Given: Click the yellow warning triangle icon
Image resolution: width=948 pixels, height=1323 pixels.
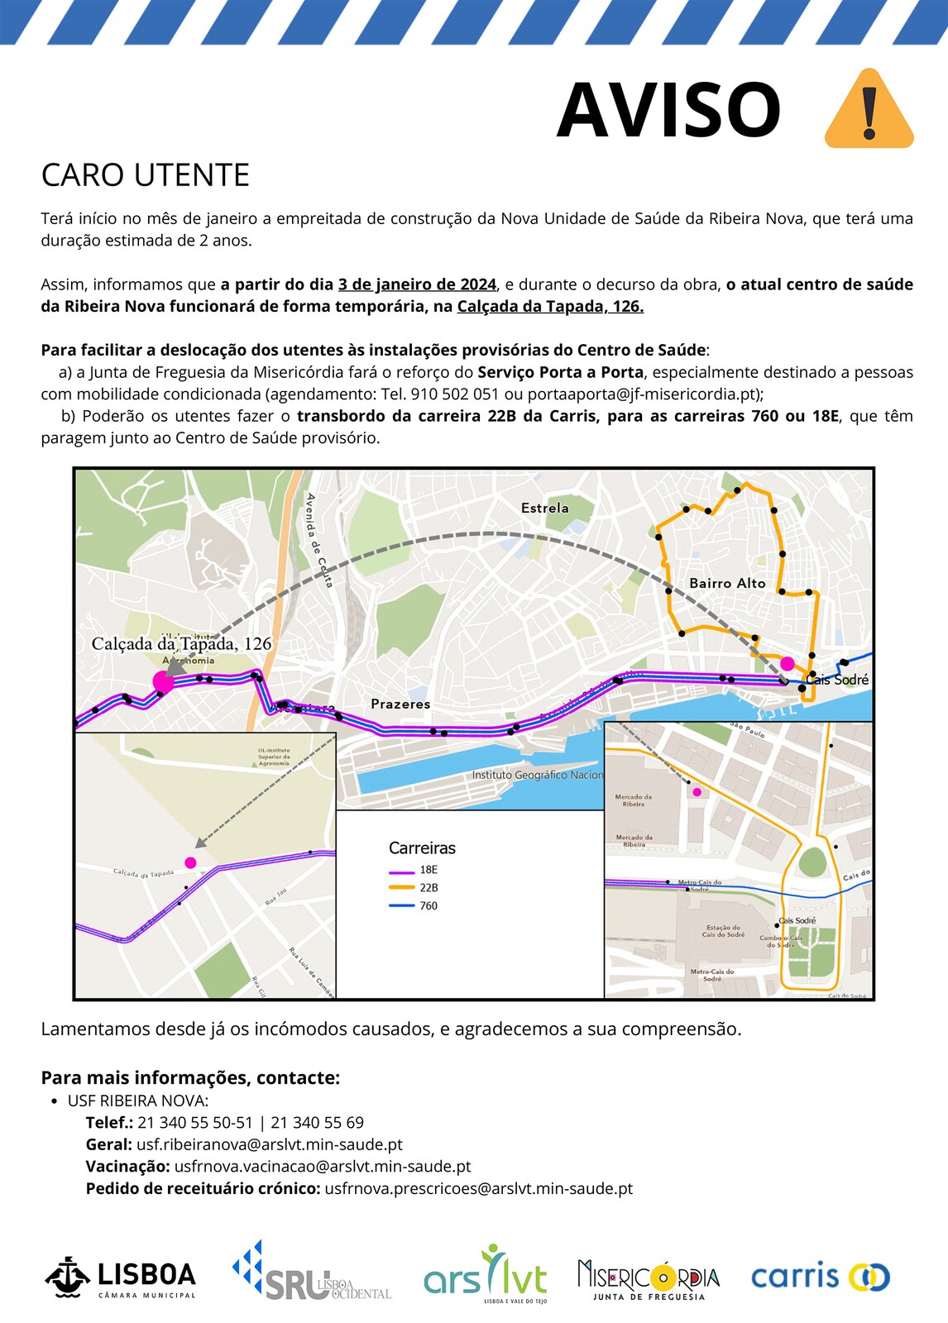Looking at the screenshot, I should [x=869, y=110].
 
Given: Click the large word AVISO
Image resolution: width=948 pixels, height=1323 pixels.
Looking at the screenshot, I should [x=668, y=111].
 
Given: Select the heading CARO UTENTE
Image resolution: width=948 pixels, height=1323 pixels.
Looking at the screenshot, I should [x=146, y=175].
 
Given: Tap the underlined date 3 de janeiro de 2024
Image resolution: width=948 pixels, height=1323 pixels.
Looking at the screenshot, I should [x=417, y=284].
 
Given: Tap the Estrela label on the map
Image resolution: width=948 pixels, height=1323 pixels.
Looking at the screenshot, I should [x=544, y=508].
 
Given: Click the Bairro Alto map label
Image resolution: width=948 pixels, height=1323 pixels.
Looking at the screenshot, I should [x=727, y=583].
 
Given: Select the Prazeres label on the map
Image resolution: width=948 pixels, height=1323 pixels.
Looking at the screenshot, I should [x=400, y=704].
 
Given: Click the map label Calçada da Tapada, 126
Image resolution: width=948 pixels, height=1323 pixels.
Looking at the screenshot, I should [x=181, y=643].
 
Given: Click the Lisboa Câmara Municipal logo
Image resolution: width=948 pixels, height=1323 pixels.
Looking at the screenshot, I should [x=121, y=1278].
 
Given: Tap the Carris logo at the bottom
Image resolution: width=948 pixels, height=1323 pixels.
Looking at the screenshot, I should [x=820, y=1277].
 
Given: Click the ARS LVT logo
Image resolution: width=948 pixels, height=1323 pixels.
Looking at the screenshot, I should [x=486, y=1275].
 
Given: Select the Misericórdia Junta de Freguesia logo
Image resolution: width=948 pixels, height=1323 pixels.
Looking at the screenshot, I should [x=649, y=1279].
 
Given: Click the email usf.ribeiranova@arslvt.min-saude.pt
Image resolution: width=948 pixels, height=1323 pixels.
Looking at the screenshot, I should [x=270, y=1144].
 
